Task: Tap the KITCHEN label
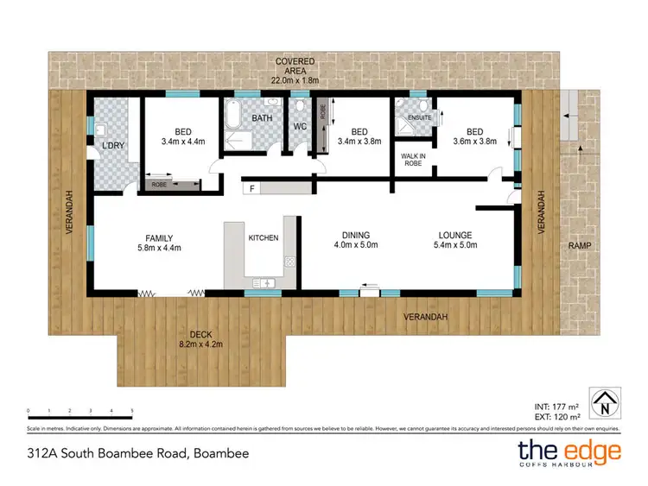coord(264,238)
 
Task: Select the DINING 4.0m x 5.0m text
coord(355,239)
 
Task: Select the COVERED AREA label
coord(295,67)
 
